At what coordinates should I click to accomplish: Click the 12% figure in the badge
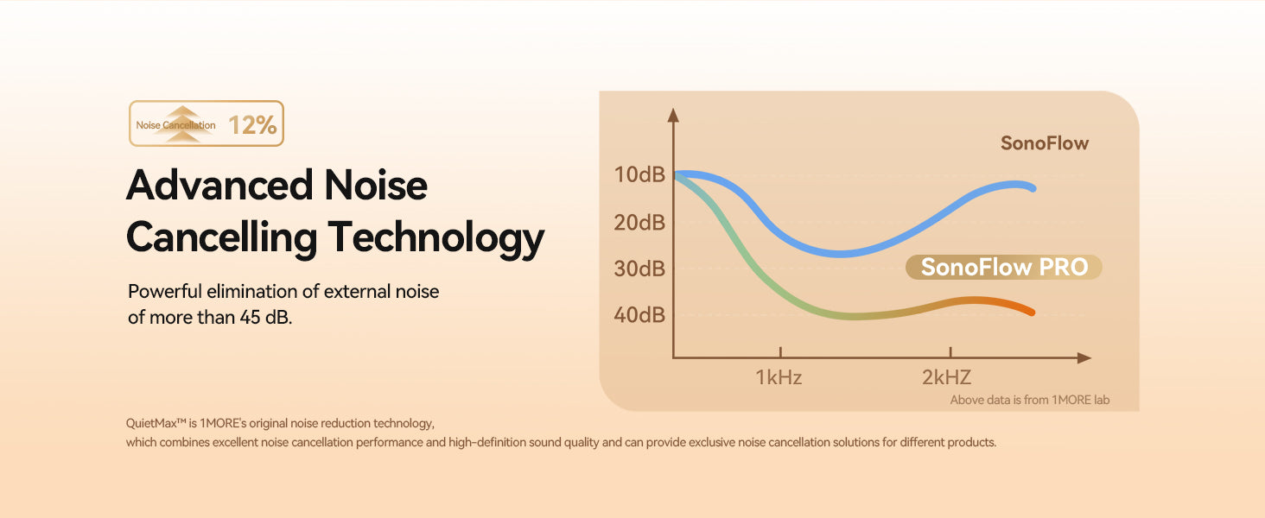(x=252, y=124)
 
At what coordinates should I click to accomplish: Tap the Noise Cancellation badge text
(x=175, y=125)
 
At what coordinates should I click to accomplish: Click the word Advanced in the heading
(x=219, y=185)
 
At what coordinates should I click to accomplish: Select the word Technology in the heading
(x=436, y=238)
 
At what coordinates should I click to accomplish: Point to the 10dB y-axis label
(x=639, y=175)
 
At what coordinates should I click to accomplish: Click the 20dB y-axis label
(x=639, y=223)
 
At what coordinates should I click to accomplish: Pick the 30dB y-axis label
(x=639, y=268)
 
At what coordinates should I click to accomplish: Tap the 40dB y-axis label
(x=639, y=315)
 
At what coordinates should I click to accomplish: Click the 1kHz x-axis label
(x=779, y=377)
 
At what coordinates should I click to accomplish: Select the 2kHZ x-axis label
(x=946, y=377)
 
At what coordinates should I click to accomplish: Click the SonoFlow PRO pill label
(x=1004, y=267)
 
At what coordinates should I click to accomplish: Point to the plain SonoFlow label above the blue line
(x=1044, y=143)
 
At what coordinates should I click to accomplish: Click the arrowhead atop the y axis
(x=672, y=115)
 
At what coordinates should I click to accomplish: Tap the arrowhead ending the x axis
(x=1084, y=357)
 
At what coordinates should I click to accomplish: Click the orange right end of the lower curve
(x=1032, y=312)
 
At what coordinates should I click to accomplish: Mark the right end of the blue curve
(x=1033, y=188)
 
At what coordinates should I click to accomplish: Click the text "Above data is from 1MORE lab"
(x=1029, y=400)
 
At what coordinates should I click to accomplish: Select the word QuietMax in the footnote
(x=151, y=423)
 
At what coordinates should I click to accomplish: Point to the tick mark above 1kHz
(x=780, y=352)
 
